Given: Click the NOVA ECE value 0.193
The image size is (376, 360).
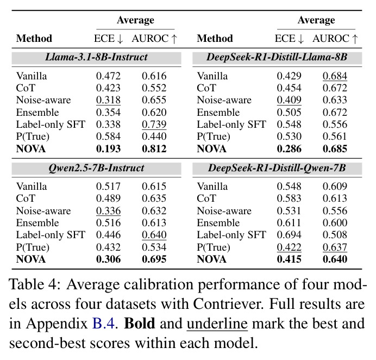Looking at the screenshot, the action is [x=108, y=149].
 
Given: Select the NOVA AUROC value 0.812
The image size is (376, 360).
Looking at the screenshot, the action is [x=154, y=149].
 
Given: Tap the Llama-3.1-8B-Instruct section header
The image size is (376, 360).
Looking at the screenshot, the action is [x=96, y=57].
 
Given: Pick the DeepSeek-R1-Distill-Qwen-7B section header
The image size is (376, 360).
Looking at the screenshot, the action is [x=277, y=167].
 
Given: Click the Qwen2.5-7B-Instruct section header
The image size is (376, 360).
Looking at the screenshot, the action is [x=96, y=167].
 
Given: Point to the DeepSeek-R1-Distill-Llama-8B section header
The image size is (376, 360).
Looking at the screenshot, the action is [x=277, y=57].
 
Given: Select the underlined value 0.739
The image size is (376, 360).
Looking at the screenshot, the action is [x=154, y=125].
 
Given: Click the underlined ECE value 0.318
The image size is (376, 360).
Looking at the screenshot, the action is [x=108, y=100].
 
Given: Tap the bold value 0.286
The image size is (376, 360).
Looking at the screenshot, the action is [x=289, y=149].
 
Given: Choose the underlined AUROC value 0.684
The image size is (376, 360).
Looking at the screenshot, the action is [x=335, y=76].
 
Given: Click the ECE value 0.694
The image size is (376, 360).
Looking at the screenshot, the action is [x=289, y=235].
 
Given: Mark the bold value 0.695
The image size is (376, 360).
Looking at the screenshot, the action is [x=154, y=259].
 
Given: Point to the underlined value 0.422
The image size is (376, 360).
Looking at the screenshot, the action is [x=289, y=247].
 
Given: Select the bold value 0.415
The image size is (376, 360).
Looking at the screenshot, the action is [x=289, y=259].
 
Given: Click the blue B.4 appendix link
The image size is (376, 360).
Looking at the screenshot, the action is [x=103, y=323].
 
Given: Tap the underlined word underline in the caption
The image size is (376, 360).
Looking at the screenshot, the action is [x=217, y=324].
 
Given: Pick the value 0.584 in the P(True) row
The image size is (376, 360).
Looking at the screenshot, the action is [x=108, y=136].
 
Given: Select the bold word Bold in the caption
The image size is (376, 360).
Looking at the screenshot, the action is [x=140, y=323].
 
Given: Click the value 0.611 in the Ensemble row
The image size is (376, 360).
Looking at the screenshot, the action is [x=289, y=223].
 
